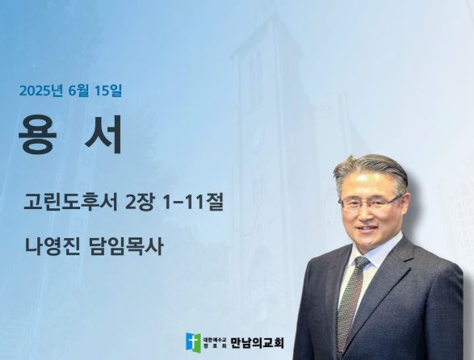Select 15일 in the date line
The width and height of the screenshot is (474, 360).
[108, 90]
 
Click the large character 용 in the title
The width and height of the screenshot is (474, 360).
[38, 135]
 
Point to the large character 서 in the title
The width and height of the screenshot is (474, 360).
[103, 135]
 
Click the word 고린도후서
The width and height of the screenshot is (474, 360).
[70, 202]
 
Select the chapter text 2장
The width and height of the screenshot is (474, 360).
[141, 202]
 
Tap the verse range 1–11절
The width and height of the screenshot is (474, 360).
[192, 202]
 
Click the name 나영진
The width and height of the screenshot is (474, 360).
[52, 246]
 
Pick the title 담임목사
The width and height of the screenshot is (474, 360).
[126, 246]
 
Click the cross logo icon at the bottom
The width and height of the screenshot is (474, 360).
[193, 343]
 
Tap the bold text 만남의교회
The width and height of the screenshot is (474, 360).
[258, 343]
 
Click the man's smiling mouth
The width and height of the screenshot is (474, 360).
[367, 228]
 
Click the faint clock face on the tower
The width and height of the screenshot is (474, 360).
[258, 140]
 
